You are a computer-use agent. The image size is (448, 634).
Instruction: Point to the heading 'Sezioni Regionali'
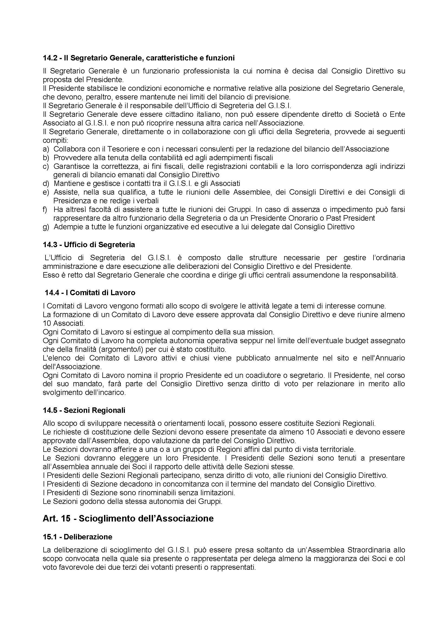[94, 410]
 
